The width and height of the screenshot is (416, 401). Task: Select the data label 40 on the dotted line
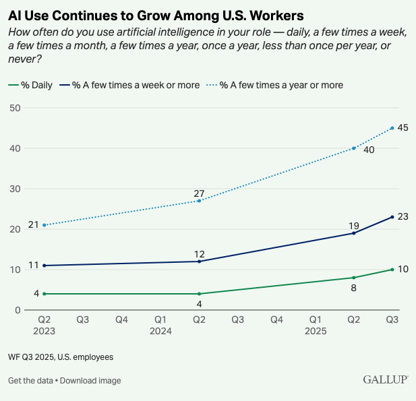(x=369, y=150)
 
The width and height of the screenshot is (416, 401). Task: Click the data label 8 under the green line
(x=353, y=288)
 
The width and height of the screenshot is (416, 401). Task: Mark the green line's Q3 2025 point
(x=392, y=270)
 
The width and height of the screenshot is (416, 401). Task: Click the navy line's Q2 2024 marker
(x=199, y=261)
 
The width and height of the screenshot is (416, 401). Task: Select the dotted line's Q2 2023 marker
(x=44, y=225)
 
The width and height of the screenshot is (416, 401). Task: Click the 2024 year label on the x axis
(x=160, y=332)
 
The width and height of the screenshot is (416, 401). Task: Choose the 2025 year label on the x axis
(x=315, y=332)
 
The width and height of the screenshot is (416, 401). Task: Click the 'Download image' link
(x=90, y=381)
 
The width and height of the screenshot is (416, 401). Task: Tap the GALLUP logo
(x=385, y=380)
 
